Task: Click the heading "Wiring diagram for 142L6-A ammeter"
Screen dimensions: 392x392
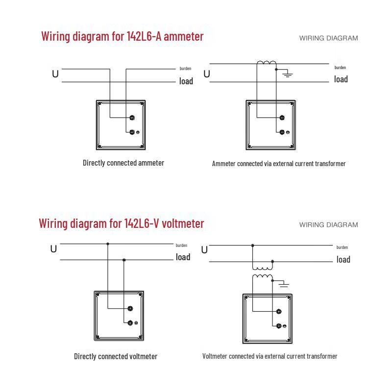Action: pyautogui.click(x=122, y=36)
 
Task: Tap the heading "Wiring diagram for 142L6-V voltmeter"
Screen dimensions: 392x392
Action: pyautogui.click(x=122, y=223)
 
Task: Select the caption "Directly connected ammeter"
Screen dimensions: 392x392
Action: pyautogui.click(x=123, y=163)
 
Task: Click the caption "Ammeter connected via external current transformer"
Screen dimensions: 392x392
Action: pyautogui.click(x=279, y=164)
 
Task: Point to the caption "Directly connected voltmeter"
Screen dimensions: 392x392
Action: pyautogui.click(x=116, y=356)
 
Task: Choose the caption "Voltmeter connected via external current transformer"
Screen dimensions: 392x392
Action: pyautogui.click(x=270, y=356)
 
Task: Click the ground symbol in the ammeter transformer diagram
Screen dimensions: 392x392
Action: pyautogui.click(x=287, y=74)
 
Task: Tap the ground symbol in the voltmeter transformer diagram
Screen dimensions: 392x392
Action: pyautogui.click(x=284, y=284)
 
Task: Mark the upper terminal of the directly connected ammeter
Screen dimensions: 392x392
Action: pyautogui.click(x=132, y=118)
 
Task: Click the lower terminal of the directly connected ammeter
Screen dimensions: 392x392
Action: pyautogui.click(x=132, y=132)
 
